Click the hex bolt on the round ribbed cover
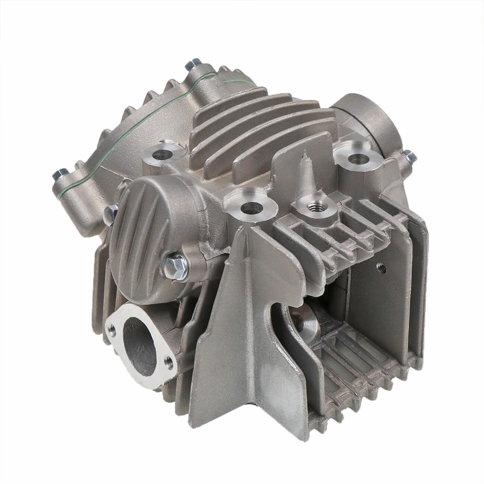tap(175, 266)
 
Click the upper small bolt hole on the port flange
tap(112, 330)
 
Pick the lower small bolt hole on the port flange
tap(168, 361)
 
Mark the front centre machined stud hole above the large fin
tap(248, 207)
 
